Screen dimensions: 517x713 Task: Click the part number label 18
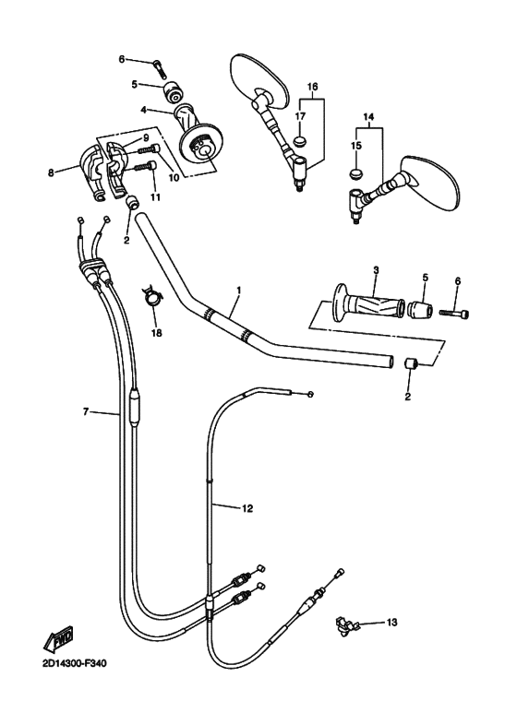point(156,333)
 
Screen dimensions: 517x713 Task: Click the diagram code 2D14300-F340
point(72,664)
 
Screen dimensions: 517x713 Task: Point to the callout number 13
point(391,622)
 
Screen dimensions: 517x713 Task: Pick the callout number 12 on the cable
point(246,508)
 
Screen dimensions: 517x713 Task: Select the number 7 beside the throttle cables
point(85,411)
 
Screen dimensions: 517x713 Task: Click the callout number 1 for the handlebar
point(239,290)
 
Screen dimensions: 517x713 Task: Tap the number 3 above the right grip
point(376,270)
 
